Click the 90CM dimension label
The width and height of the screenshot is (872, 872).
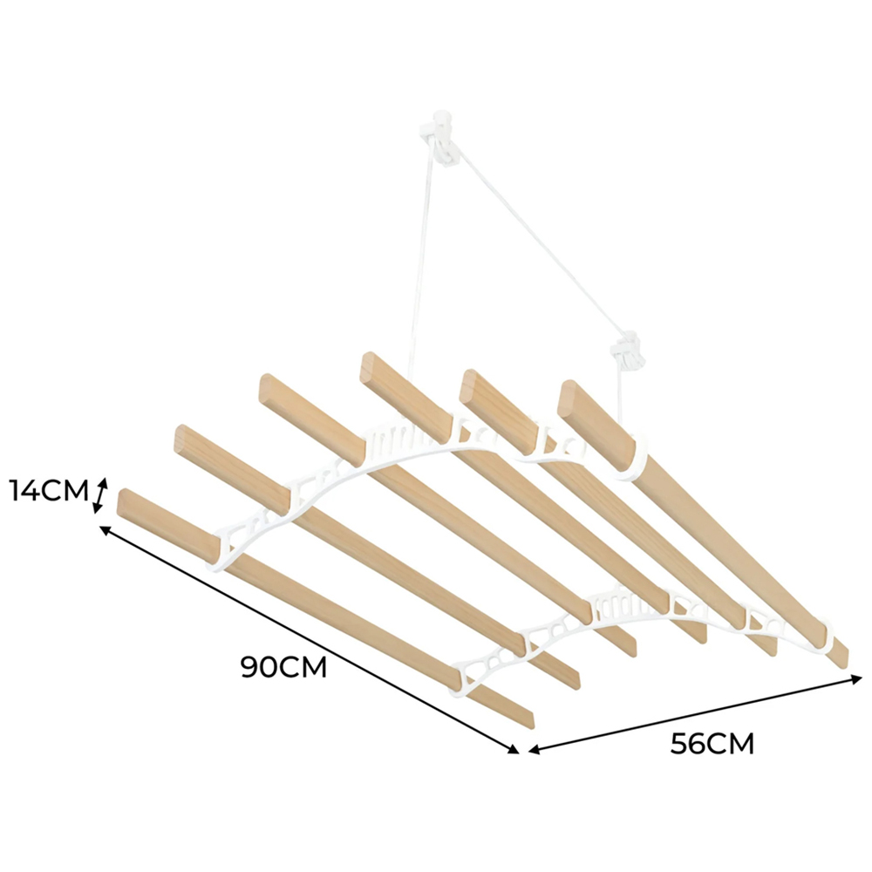283,666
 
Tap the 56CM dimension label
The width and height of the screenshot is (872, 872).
712,744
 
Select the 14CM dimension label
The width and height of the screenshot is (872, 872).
49,490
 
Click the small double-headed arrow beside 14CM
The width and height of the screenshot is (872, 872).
100,496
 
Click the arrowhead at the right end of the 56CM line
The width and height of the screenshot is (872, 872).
856,678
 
